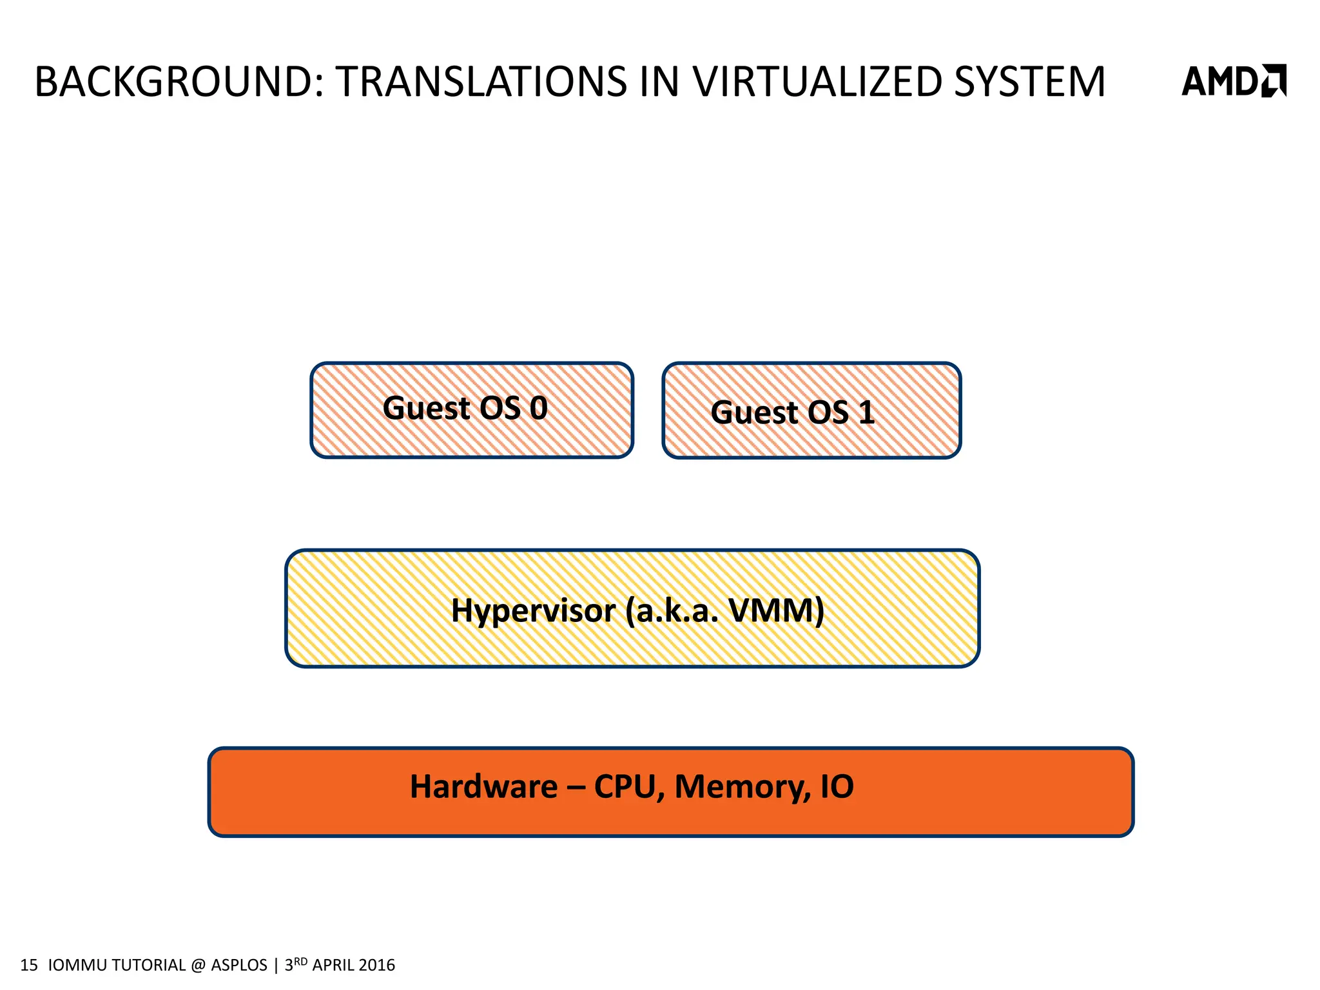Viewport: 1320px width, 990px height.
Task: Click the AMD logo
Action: [x=1233, y=81]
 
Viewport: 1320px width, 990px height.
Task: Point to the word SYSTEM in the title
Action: [x=1029, y=82]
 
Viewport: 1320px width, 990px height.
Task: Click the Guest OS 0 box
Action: [x=472, y=411]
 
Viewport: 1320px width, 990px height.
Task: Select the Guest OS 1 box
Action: [x=811, y=411]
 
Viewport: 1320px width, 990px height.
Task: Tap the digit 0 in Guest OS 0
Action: [x=539, y=408]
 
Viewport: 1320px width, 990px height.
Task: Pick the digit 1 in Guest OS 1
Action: [x=866, y=412]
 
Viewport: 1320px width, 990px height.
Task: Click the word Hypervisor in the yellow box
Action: [x=533, y=610]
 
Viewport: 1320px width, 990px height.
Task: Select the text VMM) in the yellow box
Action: [x=776, y=610]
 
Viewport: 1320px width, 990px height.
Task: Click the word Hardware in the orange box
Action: [x=483, y=787]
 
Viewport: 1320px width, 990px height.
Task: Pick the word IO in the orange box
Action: [x=837, y=787]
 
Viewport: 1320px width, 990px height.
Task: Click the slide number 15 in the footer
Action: [x=29, y=965]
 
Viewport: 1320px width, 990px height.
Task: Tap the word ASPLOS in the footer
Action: [x=238, y=965]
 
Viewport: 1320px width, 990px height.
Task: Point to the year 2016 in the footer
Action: [x=376, y=965]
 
